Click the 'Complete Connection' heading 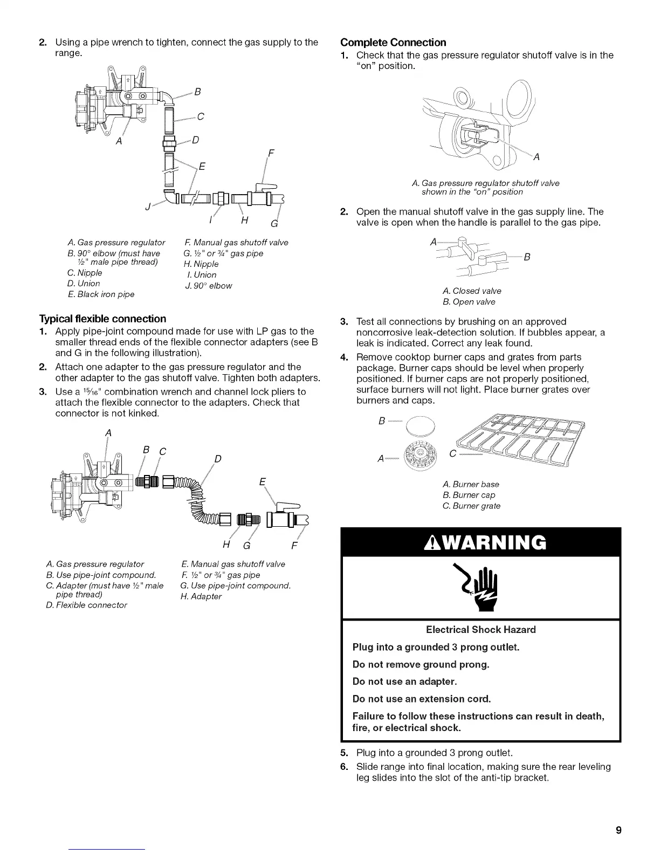coord(393,43)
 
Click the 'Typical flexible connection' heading coord(102,319)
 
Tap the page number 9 coord(619,830)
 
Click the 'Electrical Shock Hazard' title coord(480,630)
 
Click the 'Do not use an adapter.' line coord(404,681)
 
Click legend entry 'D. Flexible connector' coord(87,605)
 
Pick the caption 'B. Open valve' coord(468,302)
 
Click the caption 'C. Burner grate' coord(471,506)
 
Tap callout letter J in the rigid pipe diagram coord(147,206)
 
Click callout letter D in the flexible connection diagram coord(218,459)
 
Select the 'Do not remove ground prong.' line coord(421,664)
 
